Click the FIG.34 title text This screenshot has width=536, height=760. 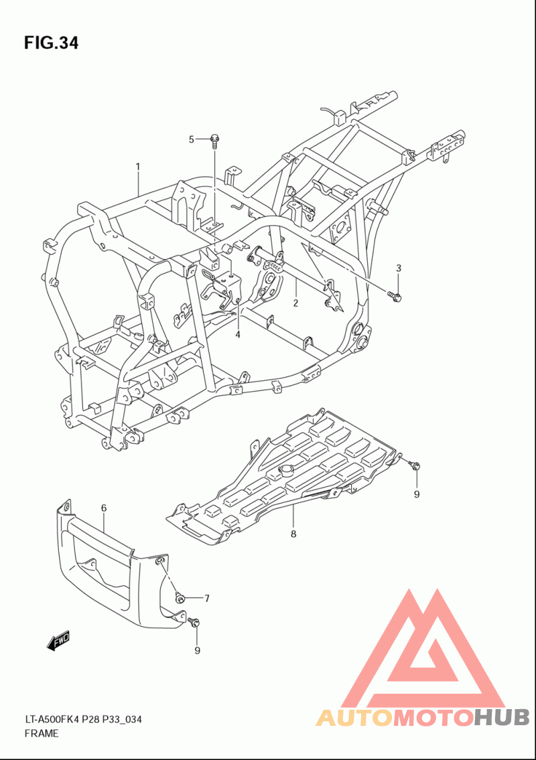(x=51, y=43)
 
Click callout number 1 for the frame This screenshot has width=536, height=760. (x=138, y=167)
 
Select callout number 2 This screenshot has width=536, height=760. (x=295, y=303)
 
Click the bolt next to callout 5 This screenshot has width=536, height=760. (x=214, y=141)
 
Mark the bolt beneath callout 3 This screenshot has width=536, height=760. (x=394, y=295)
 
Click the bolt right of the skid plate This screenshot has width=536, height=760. (x=415, y=466)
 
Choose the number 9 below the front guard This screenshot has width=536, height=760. (x=198, y=650)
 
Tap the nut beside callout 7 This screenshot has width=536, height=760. (x=180, y=598)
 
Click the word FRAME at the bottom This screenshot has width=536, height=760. (x=42, y=733)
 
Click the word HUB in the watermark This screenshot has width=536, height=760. (x=502, y=717)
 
